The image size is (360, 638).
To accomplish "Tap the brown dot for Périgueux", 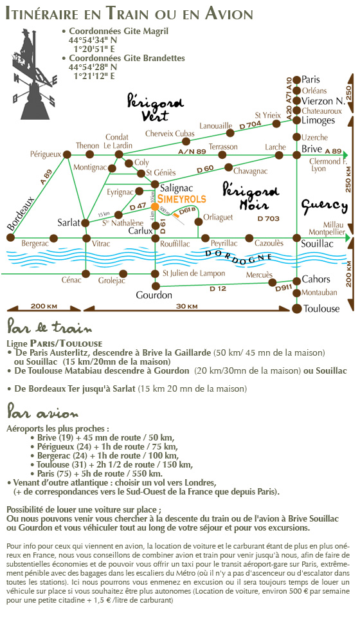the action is [x=67, y=154].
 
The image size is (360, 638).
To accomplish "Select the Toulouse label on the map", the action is [x=321, y=309].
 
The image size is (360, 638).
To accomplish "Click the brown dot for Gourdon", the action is [x=155, y=286].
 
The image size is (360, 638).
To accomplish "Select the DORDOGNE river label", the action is [x=238, y=257].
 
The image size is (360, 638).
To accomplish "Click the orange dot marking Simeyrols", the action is [x=154, y=206].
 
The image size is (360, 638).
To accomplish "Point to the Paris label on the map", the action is [x=310, y=79].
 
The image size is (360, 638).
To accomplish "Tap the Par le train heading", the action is [x=50, y=327].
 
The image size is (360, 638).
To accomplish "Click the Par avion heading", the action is [x=42, y=413].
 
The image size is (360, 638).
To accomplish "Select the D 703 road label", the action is [x=269, y=219].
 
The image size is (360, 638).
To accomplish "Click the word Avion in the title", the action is [x=229, y=14].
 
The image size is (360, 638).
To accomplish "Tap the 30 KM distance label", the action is [x=187, y=306].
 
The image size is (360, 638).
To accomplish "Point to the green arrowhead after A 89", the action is [x=346, y=154].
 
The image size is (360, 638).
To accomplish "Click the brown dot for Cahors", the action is [x=297, y=280].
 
